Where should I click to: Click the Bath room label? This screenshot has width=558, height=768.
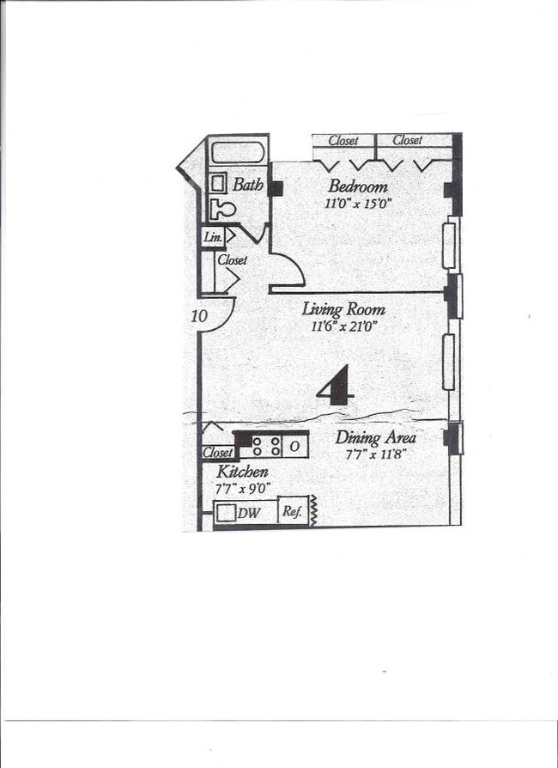247,184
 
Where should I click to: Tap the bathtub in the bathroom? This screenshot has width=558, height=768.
237,153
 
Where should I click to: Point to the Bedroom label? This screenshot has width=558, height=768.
358,186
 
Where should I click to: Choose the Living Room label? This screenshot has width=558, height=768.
343,309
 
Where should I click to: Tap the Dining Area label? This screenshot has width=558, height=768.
376,437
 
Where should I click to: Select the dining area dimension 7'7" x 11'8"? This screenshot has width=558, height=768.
374,454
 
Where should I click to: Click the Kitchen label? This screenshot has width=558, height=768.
242,472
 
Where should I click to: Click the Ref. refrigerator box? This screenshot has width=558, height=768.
292,511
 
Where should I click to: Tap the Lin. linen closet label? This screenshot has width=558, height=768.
213,236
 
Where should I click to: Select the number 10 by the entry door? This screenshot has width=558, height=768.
200,316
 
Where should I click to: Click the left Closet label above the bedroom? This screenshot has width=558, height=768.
343,140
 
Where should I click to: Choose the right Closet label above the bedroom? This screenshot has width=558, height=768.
407,140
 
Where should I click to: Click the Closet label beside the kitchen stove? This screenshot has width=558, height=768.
217,453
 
